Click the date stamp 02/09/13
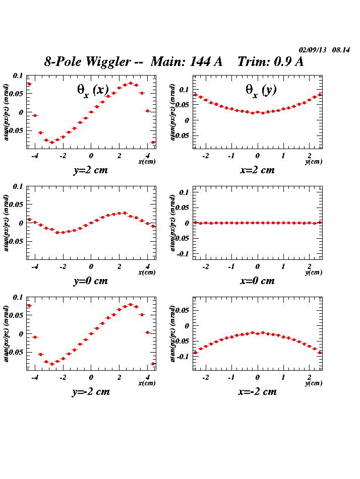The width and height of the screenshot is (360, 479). [x=313, y=50]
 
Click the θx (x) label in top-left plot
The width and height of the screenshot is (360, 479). [x=93, y=90]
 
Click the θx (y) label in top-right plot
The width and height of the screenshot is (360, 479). [x=261, y=90]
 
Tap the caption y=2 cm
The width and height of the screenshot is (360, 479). [x=91, y=170]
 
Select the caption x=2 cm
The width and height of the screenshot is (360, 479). [x=257, y=170]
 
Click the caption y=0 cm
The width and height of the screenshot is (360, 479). [x=91, y=281]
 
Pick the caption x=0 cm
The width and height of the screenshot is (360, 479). [x=257, y=281]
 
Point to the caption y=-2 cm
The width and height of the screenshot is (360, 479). [x=91, y=392]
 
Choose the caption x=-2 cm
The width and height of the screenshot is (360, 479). [x=257, y=392]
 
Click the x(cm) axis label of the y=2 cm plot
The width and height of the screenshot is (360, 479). [x=147, y=162]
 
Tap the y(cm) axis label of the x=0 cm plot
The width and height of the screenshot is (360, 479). [x=314, y=272]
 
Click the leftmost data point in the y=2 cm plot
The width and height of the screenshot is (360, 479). [x=29, y=84]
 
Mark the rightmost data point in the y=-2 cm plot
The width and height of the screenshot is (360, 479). [x=153, y=364]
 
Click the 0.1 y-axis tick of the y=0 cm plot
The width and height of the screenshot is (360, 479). [x=18, y=186]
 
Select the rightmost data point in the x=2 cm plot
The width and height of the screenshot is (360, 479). [x=320, y=95]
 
